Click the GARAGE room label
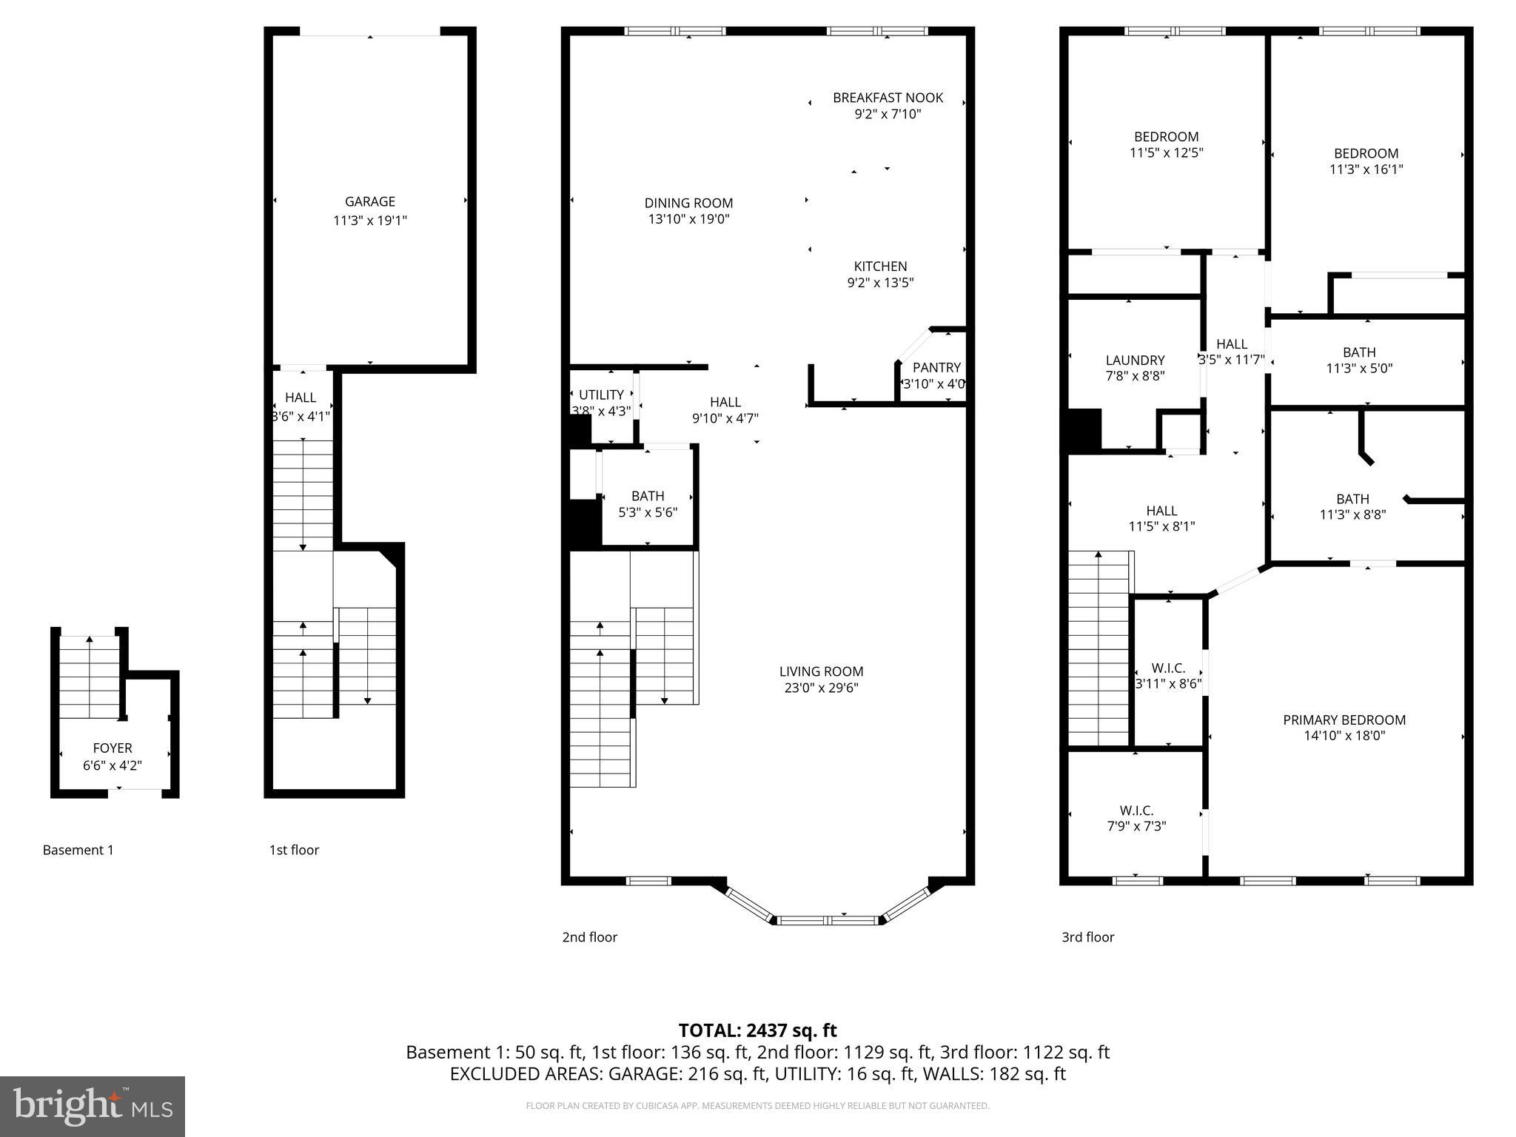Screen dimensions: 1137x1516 tap(369, 201)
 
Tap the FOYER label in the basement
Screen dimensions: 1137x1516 tap(113, 748)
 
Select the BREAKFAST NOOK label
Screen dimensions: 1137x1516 tap(888, 98)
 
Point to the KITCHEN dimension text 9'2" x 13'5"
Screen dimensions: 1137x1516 tap(880, 282)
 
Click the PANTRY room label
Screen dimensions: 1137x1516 tap(936, 368)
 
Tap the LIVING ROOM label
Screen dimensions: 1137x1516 tap(821, 671)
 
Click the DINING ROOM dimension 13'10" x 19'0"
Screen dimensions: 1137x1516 tap(688, 219)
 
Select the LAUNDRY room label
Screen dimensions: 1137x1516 tap(1135, 360)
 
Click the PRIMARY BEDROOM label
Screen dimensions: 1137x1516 tap(1344, 720)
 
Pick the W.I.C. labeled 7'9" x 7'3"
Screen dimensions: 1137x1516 tap(1136, 818)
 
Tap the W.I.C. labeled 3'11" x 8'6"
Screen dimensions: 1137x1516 tap(1168, 676)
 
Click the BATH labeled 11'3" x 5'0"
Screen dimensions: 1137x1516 tap(1359, 360)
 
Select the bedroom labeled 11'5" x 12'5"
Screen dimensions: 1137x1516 tap(1166, 144)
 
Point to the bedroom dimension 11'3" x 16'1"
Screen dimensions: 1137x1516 tap(1366, 170)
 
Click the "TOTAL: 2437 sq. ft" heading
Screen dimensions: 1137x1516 tap(757, 1030)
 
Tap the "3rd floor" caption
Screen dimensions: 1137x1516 tap(1087, 937)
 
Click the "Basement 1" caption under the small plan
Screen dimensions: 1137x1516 tap(78, 850)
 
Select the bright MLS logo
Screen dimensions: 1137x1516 tap(93, 1106)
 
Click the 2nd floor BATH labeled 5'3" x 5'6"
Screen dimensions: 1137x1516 tap(648, 503)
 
